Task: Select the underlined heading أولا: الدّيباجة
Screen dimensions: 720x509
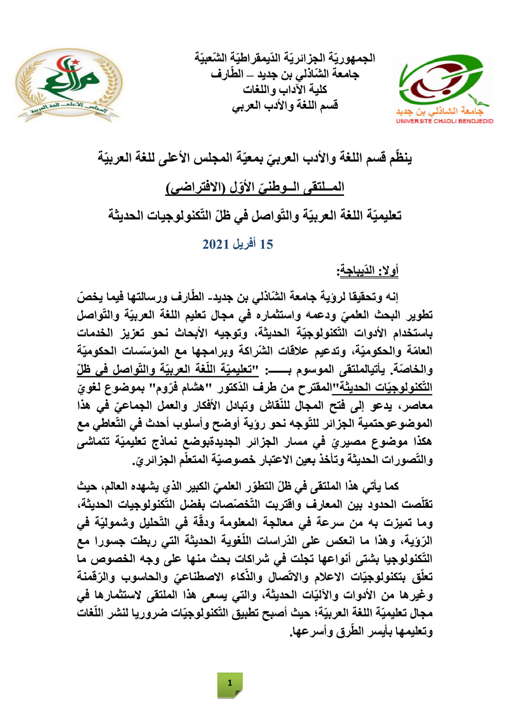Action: click(367, 272)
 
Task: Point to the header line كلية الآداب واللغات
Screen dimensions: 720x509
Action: click(285, 90)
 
